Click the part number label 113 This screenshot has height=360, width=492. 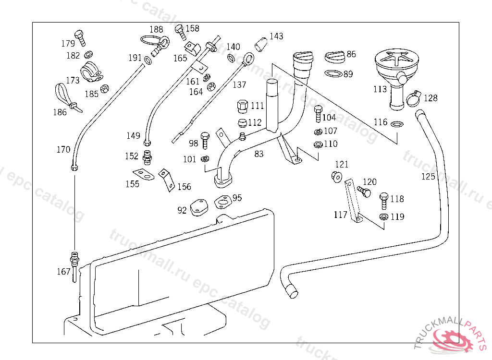click(380, 89)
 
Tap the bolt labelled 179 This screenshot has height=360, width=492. click(81, 37)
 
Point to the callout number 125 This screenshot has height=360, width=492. click(428, 177)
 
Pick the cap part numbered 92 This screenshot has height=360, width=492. click(199, 208)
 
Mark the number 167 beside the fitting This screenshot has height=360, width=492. click(63, 272)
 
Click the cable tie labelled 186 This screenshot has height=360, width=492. click(65, 96)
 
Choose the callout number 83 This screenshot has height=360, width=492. click(259, 154)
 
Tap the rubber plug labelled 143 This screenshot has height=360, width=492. click(260, 44)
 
